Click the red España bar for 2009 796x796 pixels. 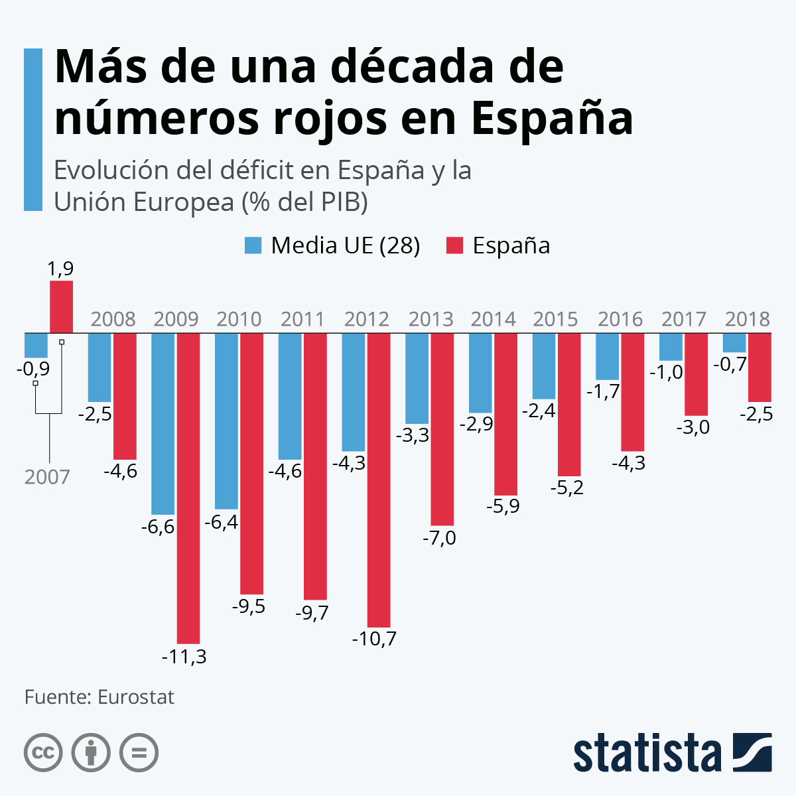[x=188, y=488]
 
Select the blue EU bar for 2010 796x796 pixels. [x=226, y=421]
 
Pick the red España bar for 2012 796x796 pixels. [x=379, y=480]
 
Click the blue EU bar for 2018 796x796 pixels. [x=734, y=342]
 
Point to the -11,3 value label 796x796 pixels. [x=184, y=657]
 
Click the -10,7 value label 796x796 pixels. [x=374, y=639]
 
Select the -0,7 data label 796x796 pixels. [x=730, y=364]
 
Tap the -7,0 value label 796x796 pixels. [x=439, y=537]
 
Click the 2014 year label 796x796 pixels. [x=493, y=319]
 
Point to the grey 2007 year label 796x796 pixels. [x=47, y=477]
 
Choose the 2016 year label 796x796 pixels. [x=620, y=319]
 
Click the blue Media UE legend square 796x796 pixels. [x=253, y=245]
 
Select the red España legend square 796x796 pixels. [x=454, y=245]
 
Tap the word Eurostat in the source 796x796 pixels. [x=136, y=697]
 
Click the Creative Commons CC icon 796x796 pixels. [x=43, y=753]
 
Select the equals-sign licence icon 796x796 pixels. [x=139, y=753]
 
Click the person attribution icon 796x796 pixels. [x=91, y=753]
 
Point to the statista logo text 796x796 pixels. [x=647, y=753]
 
